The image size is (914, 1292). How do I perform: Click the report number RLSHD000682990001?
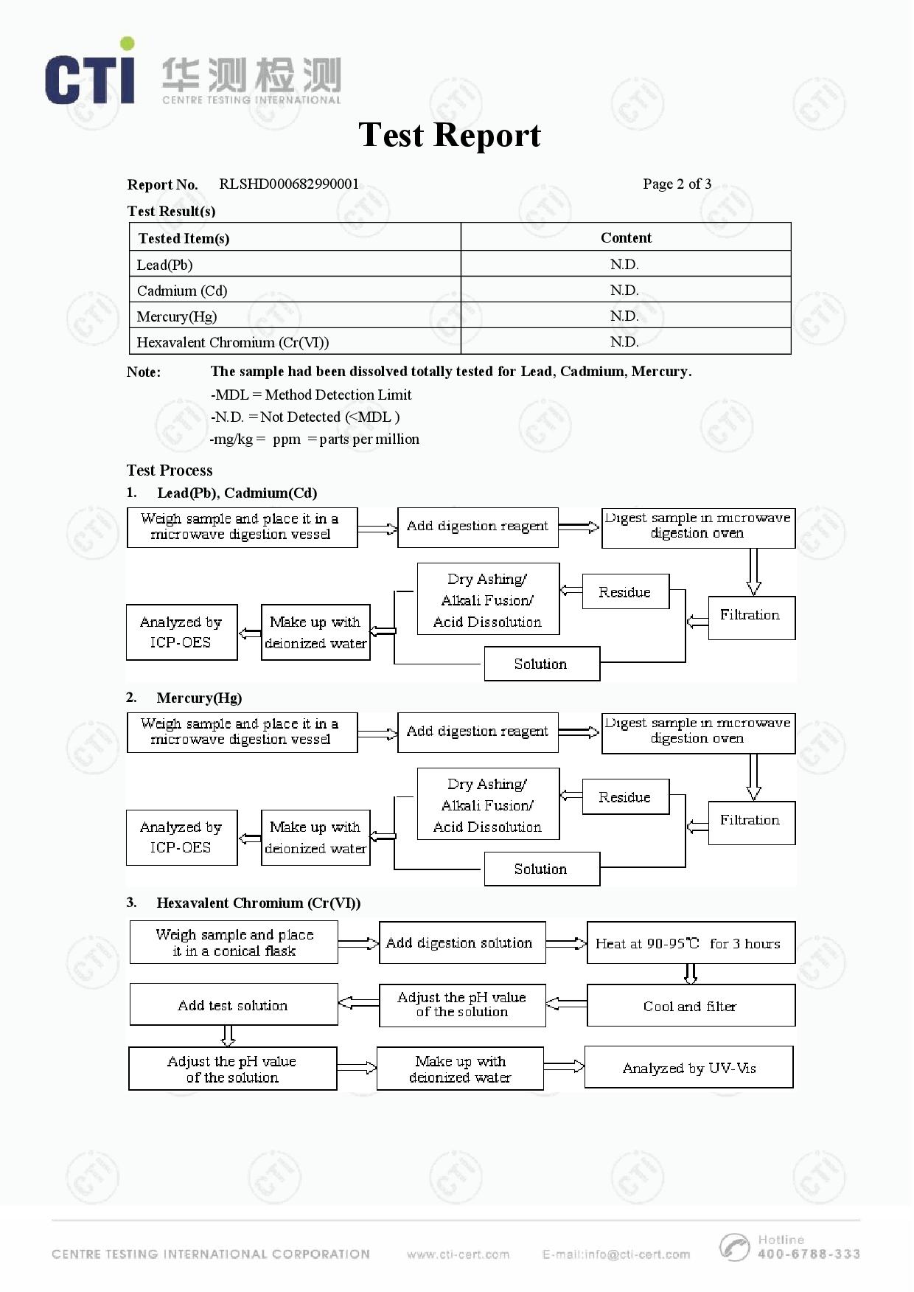point(289,184)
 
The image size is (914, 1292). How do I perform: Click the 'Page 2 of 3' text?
point(677,184)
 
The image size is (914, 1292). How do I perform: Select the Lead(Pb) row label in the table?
point(164,265)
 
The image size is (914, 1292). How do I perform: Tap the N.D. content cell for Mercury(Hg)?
point(624,316)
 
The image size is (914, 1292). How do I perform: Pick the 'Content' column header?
point(626,237)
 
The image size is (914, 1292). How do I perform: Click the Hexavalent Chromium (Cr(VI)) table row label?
point(233,342)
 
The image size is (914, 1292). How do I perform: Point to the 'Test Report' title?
point(450,135)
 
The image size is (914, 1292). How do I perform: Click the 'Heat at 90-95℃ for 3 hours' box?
point(691,943)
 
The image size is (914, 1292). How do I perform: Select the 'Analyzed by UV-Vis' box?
point(688,1068)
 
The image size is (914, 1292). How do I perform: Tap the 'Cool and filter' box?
point(691,1006)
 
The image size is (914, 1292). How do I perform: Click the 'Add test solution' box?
point(234,1005)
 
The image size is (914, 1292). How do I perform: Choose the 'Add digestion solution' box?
point(462,942)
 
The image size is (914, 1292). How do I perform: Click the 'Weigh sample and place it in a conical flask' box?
point(234,942)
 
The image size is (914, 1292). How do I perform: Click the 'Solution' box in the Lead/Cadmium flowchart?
point(542,664)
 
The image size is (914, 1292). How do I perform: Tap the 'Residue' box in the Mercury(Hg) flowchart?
point(625,797)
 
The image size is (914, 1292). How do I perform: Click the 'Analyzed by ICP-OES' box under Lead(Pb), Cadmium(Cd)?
point(181,632)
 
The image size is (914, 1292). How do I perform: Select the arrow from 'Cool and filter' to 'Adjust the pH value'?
point(566,1004)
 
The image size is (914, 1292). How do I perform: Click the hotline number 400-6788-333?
point(809,1254)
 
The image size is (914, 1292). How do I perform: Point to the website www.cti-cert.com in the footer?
point(458,1254)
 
